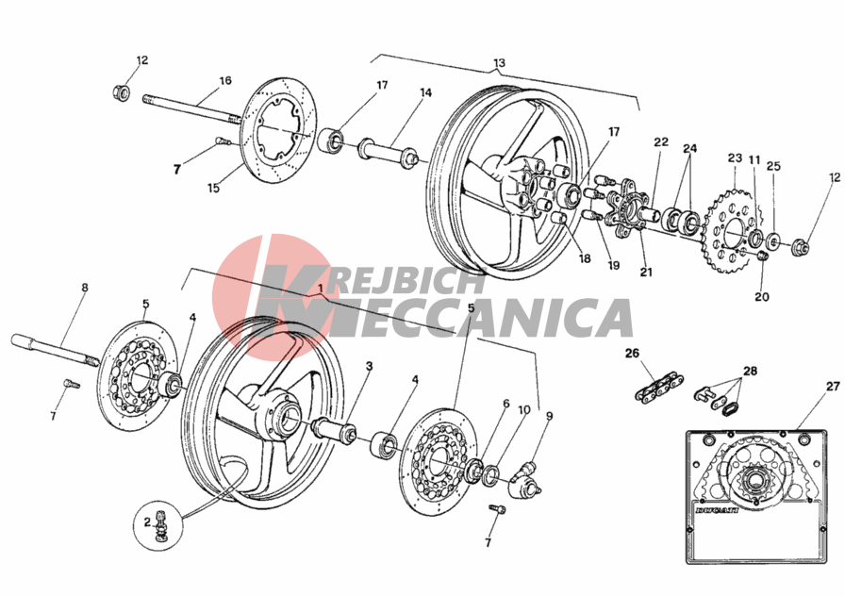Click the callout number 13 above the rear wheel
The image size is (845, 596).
pos(499,62)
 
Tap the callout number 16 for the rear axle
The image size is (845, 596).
pos(225,81)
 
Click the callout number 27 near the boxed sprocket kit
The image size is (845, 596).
pos(833,387)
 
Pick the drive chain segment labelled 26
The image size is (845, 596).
pos(659,387)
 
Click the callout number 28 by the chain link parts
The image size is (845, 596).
pos(750,371)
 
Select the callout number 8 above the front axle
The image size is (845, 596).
pos(85,288)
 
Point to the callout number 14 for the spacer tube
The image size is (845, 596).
pos(425,92)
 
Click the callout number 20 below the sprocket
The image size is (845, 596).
pos(761,296)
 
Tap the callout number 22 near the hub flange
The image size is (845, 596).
pos(661,142)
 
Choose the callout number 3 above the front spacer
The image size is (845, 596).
pos(369,367)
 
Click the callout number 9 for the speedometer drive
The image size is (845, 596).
pos(549,416)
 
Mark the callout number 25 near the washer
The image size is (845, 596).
pos(773,167)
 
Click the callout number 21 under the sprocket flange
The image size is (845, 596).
pos(646,273)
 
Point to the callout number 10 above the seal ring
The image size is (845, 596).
pos(523,409)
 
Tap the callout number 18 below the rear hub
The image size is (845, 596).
pos(585,258)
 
